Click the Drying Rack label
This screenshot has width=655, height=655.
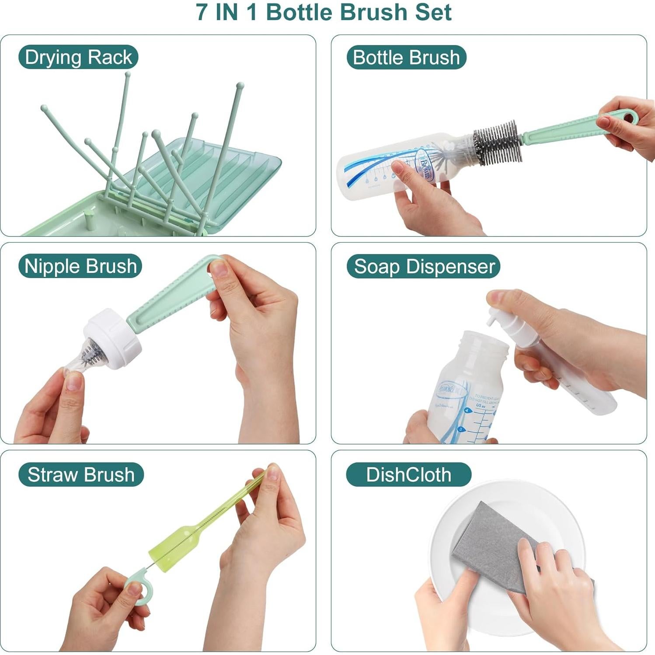point(78,57)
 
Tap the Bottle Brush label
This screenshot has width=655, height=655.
point(406,57)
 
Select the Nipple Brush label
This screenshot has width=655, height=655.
point(80,266)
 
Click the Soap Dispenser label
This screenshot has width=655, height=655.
point(424,266)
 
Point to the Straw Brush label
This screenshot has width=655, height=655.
point(81,474)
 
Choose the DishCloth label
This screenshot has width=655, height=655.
point(408,474)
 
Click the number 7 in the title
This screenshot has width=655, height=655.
point(202,12)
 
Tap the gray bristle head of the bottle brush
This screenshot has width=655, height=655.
point(498,142)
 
